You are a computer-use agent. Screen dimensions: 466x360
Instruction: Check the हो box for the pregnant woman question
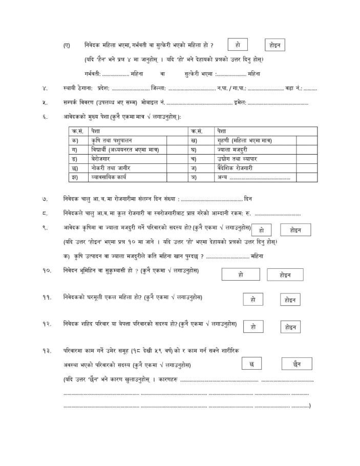pyautogui.click(x=238, y=45)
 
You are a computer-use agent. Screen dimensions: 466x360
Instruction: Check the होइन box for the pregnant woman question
pyautogui.click(x=275, y=45)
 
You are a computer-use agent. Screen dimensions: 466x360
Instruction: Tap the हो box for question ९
pyautogui.click(x=262, y=230)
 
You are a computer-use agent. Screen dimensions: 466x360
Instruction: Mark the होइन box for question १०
pyautogui.click(x=285, y=275)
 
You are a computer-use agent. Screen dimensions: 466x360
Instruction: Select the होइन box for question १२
pyautogui.click(x=290, y=327)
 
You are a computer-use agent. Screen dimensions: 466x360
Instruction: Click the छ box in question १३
pyautogui.click(x=251, y=364)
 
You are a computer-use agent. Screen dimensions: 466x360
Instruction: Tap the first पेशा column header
pyautogui.click(x=95, y=131)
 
